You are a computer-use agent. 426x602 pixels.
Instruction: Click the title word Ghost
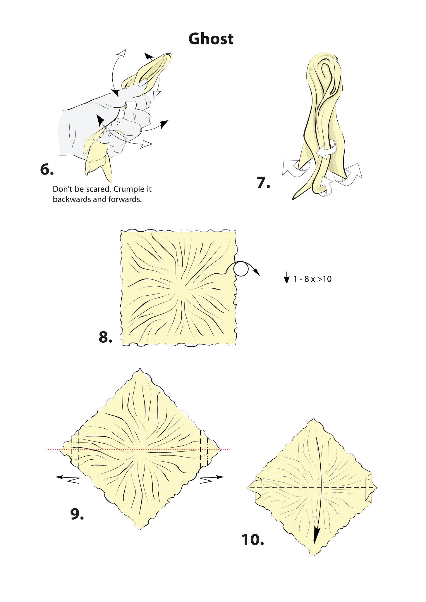click(x=211, y=39)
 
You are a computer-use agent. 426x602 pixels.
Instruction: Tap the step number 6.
click(x=47, y=169)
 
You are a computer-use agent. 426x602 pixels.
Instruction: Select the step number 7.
click(x=263, y=183)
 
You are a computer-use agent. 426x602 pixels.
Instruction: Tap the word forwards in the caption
click(x=126, y=200)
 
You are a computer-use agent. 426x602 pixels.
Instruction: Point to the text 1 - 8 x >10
click(x=312, y=279)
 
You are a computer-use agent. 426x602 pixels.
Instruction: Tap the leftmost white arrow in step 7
click(x=291, y=168)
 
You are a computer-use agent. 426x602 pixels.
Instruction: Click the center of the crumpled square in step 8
click(x=178, y=288)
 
